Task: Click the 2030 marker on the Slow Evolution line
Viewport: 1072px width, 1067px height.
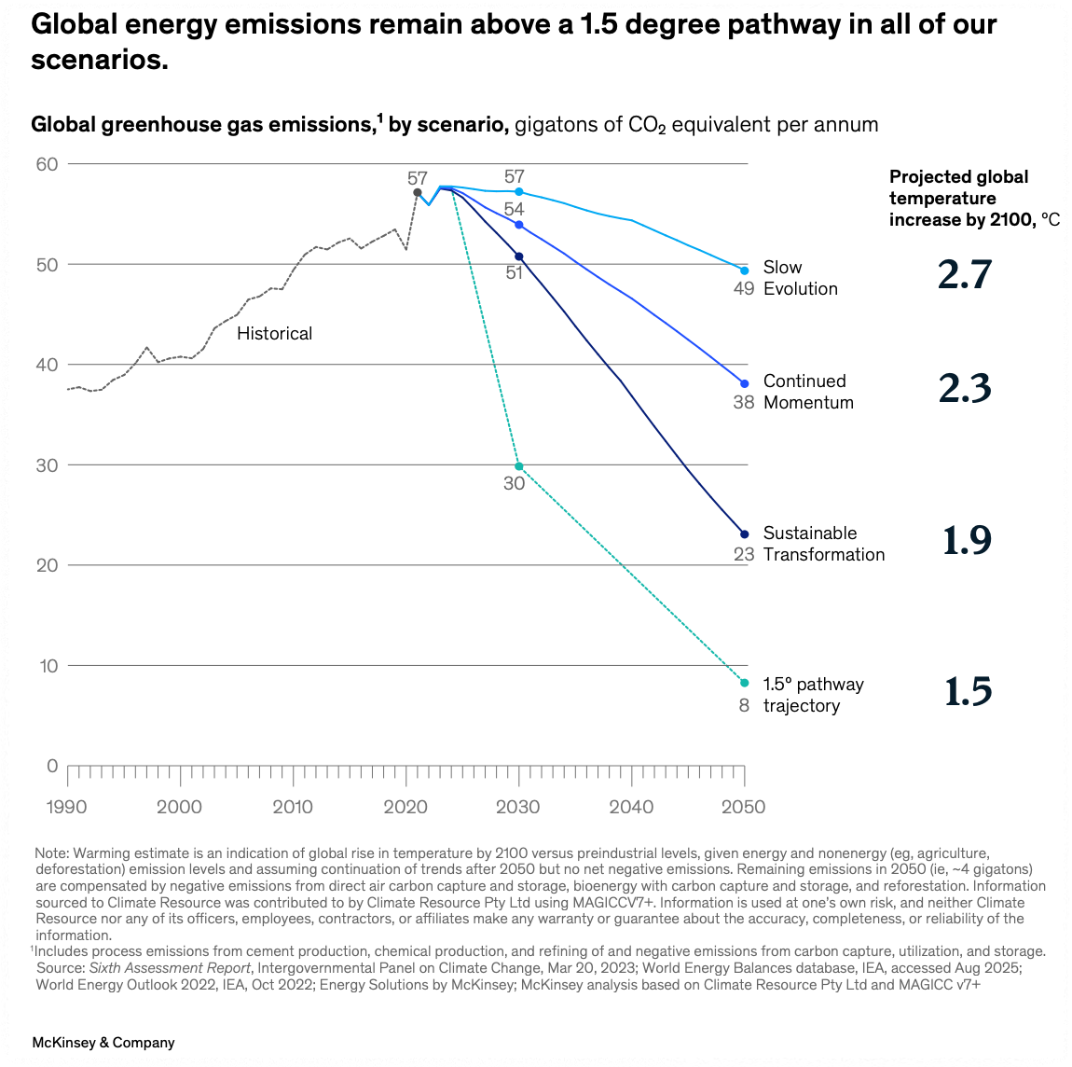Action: [519, 192]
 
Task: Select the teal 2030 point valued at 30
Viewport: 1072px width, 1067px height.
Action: [519, 466]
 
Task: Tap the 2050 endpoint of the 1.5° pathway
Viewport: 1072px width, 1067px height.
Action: [744, 683]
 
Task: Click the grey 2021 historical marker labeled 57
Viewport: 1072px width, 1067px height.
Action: [417, 192]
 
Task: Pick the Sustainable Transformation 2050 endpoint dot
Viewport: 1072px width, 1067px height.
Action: [744, 534]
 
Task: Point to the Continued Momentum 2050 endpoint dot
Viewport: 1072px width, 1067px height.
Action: [744, 383]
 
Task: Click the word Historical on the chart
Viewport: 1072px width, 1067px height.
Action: [274, 333]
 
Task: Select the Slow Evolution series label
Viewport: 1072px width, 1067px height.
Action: [800, 278]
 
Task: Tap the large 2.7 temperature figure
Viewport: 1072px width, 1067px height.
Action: [965, 275]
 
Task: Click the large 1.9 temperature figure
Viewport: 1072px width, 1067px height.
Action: [967, 541]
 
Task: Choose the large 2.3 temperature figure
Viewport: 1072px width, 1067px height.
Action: [965, 389]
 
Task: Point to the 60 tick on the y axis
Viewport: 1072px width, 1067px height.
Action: [47, 164]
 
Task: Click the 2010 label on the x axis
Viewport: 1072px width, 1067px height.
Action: [293, 807]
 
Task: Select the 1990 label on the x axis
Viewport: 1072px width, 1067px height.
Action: [66, 807]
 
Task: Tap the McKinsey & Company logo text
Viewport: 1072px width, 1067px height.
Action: [103, 1043]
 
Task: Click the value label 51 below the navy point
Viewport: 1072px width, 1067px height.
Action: [514, 273]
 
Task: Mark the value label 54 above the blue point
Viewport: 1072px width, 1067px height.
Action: [514, 209]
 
